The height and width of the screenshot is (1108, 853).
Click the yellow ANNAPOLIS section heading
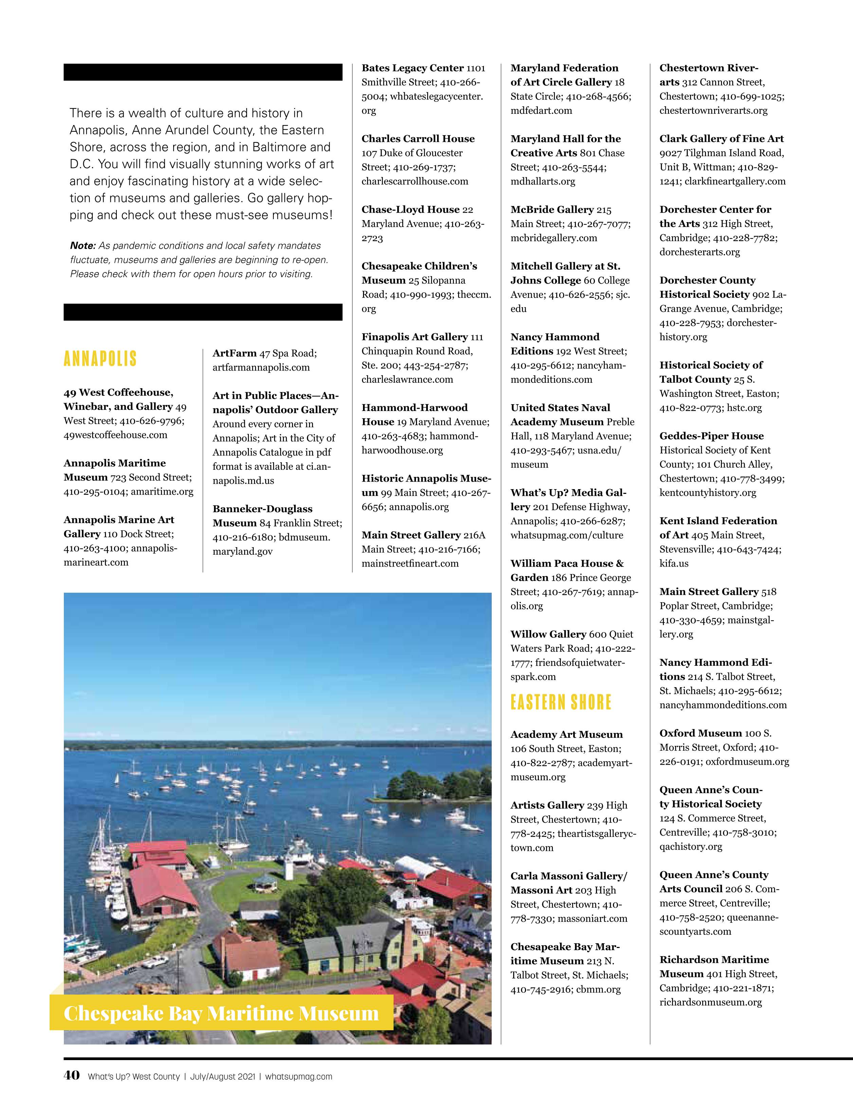coord(101,359)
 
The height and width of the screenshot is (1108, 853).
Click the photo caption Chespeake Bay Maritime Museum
coord(221,1014)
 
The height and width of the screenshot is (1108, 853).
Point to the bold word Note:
coord(83,246)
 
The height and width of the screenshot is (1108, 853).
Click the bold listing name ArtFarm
coord(234,353)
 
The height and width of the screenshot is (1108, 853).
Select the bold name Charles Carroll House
coord(418,139)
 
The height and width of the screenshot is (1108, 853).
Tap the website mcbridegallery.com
coord(554,237)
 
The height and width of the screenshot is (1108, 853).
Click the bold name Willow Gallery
coord(548,634)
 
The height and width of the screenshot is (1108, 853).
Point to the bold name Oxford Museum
coord(700,733)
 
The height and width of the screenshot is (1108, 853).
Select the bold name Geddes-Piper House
coord(711,436)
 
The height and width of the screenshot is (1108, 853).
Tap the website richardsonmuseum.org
coord(710,1002)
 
